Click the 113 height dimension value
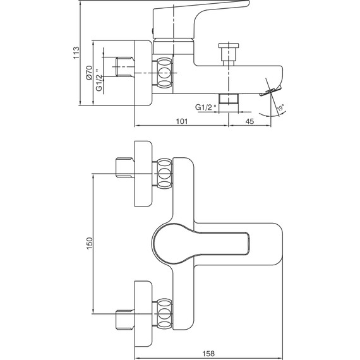click(x=76, y=52)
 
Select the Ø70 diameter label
click(x=89, y=73)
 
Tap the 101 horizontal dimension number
click(x=182, y=121)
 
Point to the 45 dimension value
click(x=250, y=121)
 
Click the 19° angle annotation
click(x=281, y=107)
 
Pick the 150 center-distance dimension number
click(x=89, y=243)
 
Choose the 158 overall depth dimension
click(x=208, y=353)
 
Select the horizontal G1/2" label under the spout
click(x=206, y=107)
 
